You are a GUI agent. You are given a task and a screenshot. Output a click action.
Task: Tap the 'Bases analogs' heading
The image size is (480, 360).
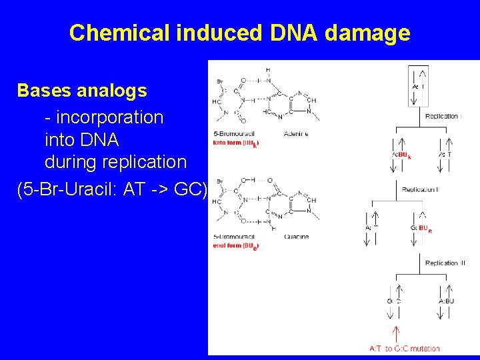82,89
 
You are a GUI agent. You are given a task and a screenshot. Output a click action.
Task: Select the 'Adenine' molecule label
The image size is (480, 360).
295,134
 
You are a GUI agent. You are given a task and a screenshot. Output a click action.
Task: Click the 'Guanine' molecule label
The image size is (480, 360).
295,237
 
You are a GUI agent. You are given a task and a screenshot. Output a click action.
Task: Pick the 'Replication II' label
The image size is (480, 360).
420,190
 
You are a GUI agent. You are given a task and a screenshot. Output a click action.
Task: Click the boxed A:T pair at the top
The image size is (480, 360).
419,86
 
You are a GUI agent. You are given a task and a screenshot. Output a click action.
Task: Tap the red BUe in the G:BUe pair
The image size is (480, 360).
425,229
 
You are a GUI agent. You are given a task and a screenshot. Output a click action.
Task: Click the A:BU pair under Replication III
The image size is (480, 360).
447,301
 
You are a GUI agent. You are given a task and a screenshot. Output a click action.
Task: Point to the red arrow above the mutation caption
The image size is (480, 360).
396,333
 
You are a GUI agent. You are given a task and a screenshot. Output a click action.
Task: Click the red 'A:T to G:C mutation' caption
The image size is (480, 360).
405,348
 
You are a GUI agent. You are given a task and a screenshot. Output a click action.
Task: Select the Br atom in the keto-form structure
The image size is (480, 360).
218,83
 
